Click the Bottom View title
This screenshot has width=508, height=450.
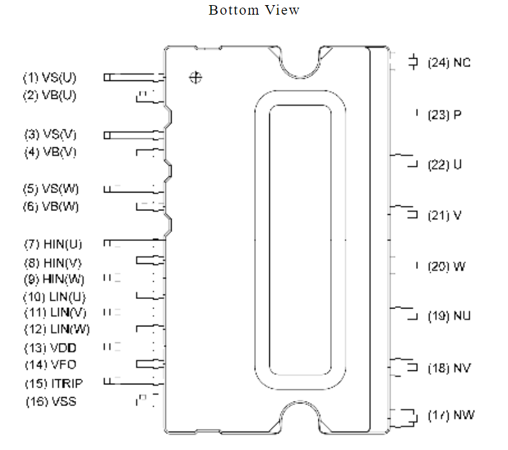[x=254, y=10]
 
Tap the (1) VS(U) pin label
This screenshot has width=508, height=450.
[x=50, y=78]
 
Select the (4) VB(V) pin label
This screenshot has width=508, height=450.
[x=50, y=152]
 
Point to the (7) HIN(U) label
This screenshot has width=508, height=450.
[x=53, y=244]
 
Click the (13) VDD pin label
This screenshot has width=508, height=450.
[x=50, y=348]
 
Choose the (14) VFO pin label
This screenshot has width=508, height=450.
[x=50, y=365]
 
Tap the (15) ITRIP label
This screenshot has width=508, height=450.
[x=54, y=384]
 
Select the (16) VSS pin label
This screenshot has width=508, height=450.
[x=51, y=402]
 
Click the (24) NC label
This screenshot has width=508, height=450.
[x=449, y=62]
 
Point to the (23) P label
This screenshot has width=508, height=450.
[x=444, y=115]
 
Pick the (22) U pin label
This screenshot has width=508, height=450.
[x=444, y=165]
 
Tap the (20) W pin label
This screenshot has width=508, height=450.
[x=447, y=267]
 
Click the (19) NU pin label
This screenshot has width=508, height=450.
[x=449, y=316]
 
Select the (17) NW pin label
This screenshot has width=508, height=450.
[x=451, y=415]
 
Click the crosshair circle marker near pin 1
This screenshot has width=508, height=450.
[x=195, y=78]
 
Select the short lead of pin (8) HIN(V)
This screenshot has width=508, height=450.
[x=151, y=260]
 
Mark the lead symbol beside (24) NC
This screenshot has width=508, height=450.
[x=413, y=62]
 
